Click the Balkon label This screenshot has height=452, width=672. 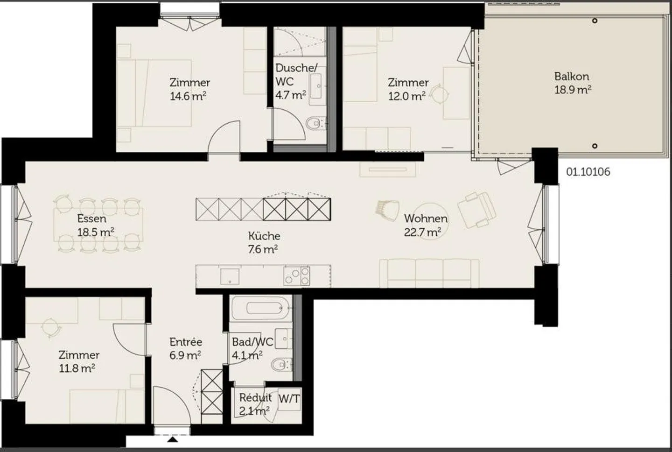(x=571, y=76)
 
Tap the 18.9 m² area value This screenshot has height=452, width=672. (x=573, y=90)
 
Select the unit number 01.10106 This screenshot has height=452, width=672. (x=588, y=172)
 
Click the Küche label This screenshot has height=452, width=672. (x=264, y=236)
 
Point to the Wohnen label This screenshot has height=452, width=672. (x=426, y=218)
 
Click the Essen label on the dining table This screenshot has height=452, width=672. (x=92, y=219)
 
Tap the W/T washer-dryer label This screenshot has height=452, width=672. (x=289, y=399)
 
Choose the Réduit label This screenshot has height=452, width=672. (x=255, y=398)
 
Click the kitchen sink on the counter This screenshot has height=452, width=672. (x=230, y=275)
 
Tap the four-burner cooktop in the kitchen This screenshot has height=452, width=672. (x=296, y=275)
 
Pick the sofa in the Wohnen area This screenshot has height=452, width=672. (x=429, y=273)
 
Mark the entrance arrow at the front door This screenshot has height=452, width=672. (x=173, y=439)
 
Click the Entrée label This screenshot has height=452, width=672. (x=186, y=342)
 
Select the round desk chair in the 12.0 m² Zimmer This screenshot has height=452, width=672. (x=439, y=95)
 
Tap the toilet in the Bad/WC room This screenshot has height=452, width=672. (x=280, y=365)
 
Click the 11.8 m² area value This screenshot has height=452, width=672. (x=77, y=368)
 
